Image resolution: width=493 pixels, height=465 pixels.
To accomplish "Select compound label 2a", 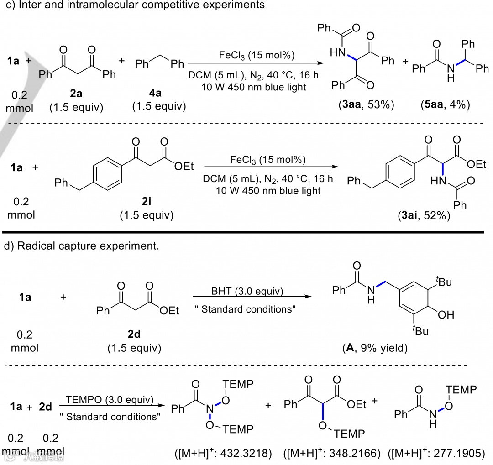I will [x=76, y=94].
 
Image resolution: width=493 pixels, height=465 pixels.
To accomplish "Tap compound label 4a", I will [x=157, y=94].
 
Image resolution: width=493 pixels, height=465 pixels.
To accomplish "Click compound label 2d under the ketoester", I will [x=134, y=334].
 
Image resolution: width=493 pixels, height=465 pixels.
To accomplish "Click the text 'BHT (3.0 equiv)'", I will [x=247, y=291].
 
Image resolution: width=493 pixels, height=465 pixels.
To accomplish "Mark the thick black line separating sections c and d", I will [x=246, y=232].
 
